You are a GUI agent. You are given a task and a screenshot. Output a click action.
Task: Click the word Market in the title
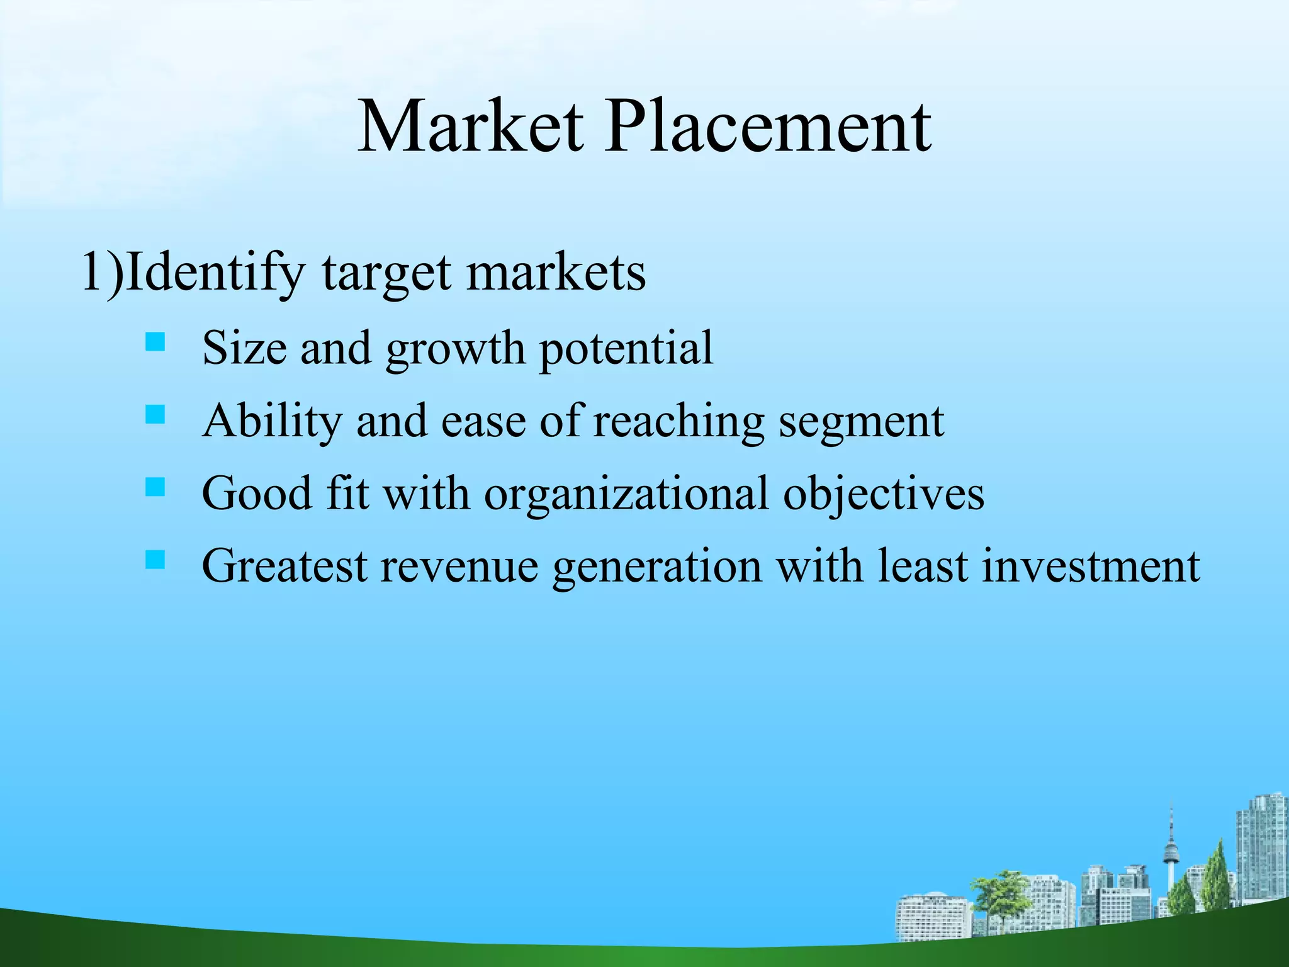(471, 128)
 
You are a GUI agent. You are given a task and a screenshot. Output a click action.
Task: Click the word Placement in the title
(768, 128)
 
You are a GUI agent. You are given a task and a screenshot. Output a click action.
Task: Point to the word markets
(556, 273)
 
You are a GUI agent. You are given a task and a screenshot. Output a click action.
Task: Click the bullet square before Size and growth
(155, 342)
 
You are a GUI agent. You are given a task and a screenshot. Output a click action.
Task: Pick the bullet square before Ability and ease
(155, 415)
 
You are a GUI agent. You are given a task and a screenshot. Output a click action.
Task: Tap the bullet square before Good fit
(155, 487)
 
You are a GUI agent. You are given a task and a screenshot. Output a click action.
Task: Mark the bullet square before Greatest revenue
(155, 560)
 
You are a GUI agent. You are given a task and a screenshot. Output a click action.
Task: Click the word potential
(626, 349)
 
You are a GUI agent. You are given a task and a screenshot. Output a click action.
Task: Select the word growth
(455, 349)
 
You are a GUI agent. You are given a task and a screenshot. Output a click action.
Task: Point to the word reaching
(678, 422)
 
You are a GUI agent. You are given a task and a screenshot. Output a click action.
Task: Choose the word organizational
(626, 494)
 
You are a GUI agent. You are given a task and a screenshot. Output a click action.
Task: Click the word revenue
(459, 566)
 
